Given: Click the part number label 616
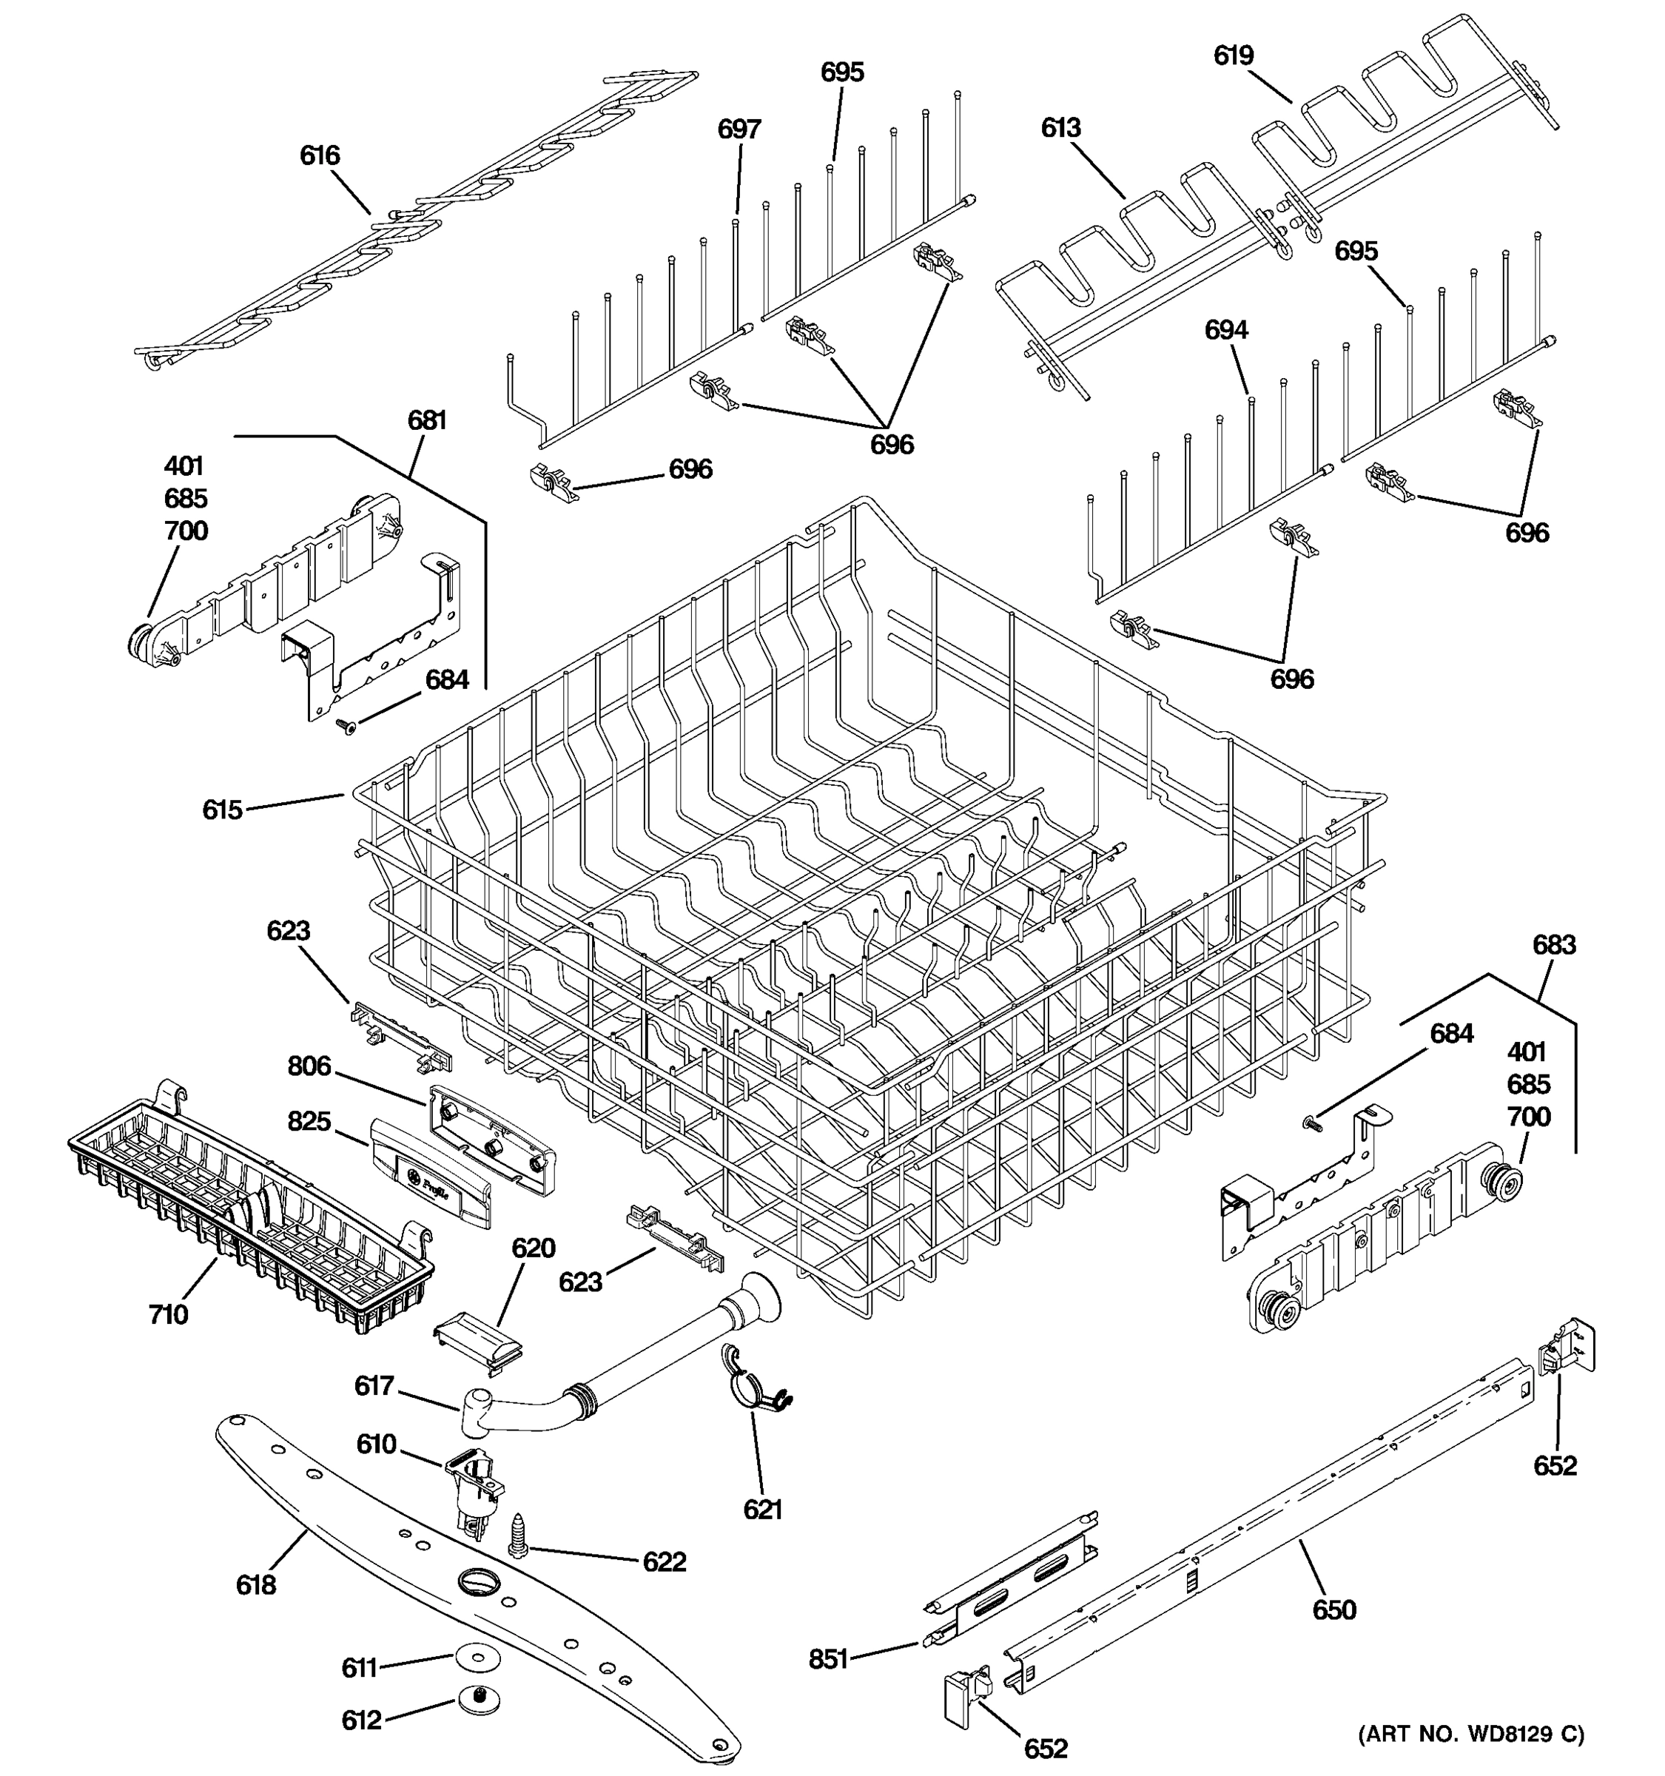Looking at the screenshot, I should [x=320, y=155].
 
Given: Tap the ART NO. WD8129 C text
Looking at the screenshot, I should [x=1471, y=1734].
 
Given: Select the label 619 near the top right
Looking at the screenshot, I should [x=1233, y=55].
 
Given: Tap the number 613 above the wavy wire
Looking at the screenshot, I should [x=1060, y=128].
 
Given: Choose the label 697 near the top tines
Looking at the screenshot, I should [x=739, y=129].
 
